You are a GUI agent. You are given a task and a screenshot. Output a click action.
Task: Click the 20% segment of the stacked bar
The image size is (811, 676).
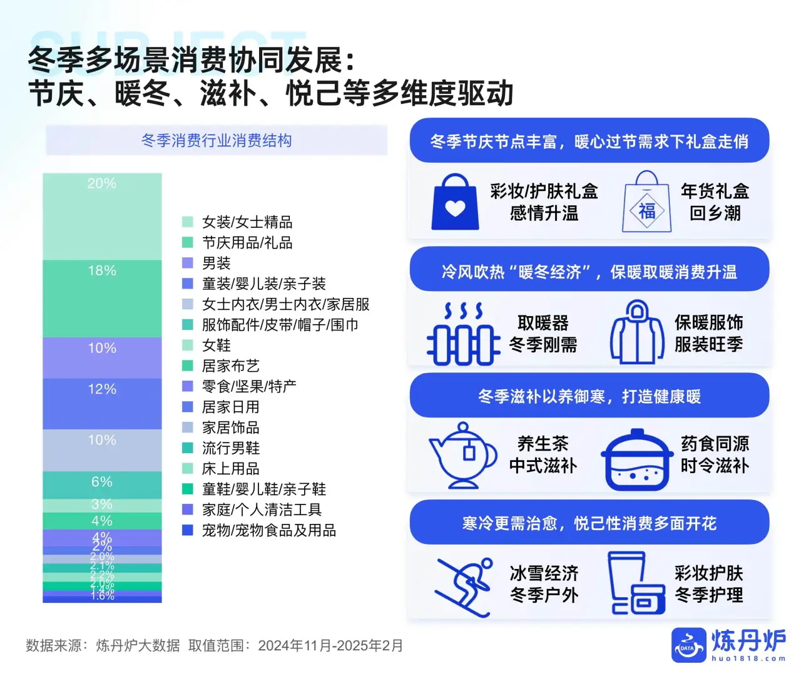click(x=102, y=216)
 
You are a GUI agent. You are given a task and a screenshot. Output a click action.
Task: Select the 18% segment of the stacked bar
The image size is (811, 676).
click(x=102, y=299)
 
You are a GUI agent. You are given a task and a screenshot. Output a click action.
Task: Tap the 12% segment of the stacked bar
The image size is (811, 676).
click(x=102, y=404)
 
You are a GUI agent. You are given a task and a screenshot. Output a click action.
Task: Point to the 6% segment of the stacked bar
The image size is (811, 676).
click(x=102, y=485)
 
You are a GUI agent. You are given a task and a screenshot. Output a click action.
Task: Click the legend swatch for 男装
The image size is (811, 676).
click(x=187, y=263)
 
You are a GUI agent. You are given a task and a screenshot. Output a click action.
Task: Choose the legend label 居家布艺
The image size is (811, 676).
click(x=230, y=366)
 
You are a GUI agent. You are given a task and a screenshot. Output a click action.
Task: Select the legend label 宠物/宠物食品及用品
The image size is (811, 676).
click(x=268, y=530)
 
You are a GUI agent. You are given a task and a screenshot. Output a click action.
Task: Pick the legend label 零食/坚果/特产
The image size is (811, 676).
click(x=249, y=386)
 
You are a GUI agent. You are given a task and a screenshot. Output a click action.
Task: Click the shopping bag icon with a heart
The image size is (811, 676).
click(x=456, y=202)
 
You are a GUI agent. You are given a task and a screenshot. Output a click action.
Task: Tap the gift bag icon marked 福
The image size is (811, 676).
click(x=646, y=202)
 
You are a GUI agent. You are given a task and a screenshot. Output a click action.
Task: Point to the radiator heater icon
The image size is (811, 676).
click(x=463, y=334)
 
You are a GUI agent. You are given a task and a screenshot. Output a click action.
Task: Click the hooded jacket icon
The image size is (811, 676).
click(x=637, y=332)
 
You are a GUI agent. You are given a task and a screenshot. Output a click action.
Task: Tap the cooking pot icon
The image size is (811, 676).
click(x=637, y=459)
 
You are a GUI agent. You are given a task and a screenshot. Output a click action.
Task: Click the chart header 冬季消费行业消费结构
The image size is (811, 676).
click(x=217, y=140)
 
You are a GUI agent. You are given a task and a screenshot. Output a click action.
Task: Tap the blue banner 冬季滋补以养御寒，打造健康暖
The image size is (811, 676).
click(x=589, y=396)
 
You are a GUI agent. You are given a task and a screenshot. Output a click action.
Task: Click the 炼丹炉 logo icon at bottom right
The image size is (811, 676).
click(x=688, y=645)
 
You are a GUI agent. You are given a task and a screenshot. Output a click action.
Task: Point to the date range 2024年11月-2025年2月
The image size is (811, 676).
click(x=330, y=645)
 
